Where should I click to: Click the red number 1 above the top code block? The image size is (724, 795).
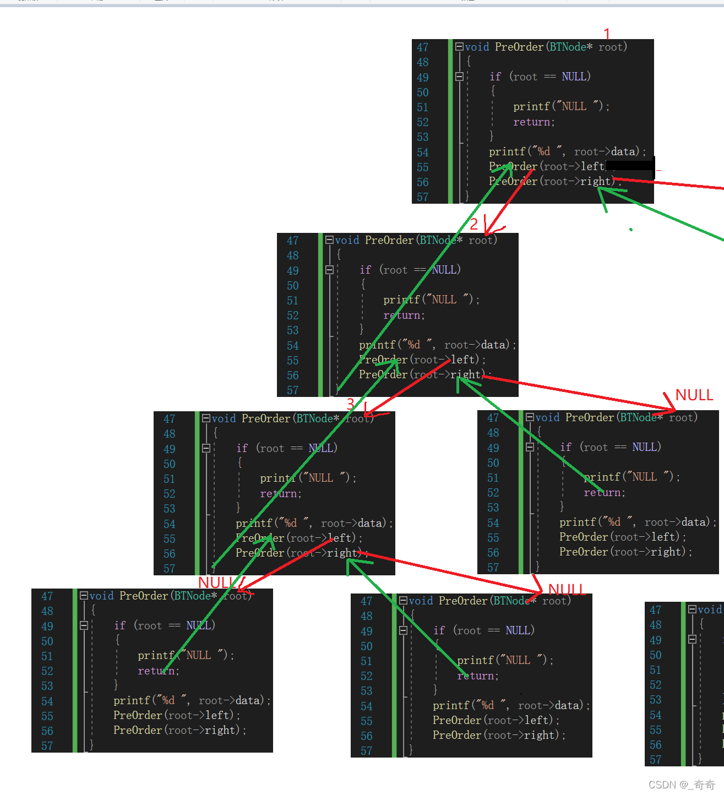coord(607,34)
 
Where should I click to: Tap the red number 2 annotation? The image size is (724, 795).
coord(474,224)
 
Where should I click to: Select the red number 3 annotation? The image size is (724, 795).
coord(351,404)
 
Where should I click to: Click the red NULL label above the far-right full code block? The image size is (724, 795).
coord(694,395)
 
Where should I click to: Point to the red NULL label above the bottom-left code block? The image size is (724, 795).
coord(216,582)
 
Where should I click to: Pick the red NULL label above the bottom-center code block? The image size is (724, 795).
coord(567,590)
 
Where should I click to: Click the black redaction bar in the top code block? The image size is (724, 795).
coord(630,165)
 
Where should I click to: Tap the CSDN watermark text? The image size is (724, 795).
coord(681,785)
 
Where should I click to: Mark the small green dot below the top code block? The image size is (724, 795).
coord(631,230)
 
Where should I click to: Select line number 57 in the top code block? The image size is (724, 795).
coord(422,197)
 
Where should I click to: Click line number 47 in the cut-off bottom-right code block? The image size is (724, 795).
coord(655,610)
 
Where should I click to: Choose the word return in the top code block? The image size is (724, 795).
coord(534,122)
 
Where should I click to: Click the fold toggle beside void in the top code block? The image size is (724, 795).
coord(459,47)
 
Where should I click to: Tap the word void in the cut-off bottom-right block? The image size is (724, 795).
coord(709,609)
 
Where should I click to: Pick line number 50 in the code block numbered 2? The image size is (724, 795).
coord(292,286)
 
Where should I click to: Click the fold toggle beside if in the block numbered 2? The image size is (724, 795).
coord(329,270)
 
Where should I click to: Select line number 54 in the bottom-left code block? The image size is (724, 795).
coord(47,701)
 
